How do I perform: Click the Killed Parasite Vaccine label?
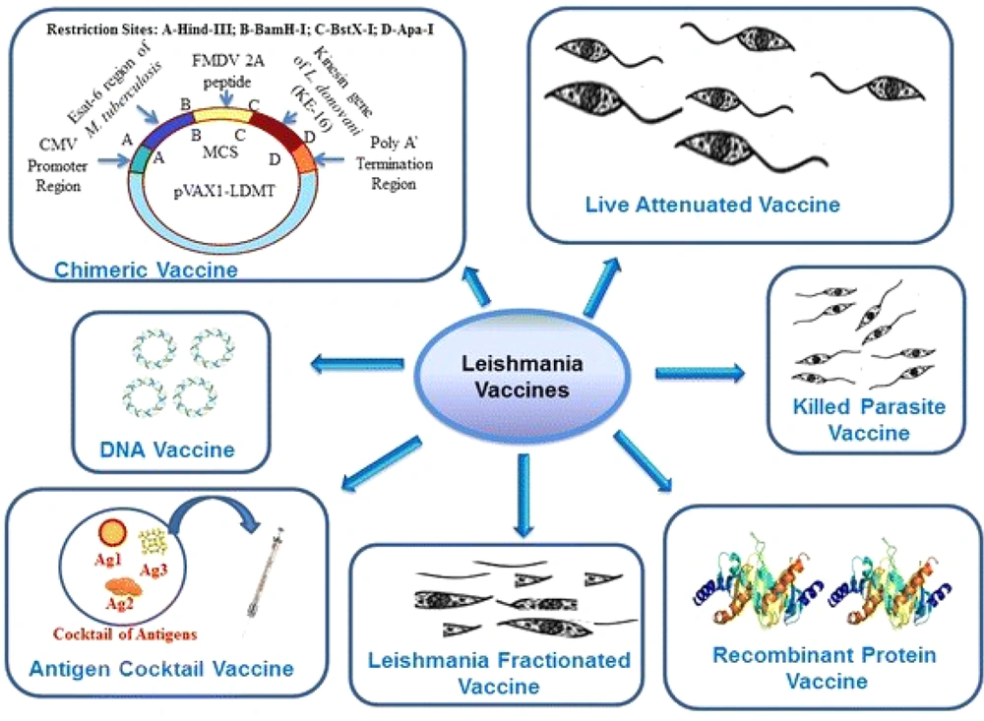point(855,420)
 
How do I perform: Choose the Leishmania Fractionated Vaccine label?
point(500,673)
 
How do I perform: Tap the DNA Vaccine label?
point(168,451)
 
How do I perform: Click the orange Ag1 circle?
point(113,534)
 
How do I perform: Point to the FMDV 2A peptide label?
point(226,68)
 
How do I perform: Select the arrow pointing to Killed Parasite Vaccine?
point(701,372)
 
